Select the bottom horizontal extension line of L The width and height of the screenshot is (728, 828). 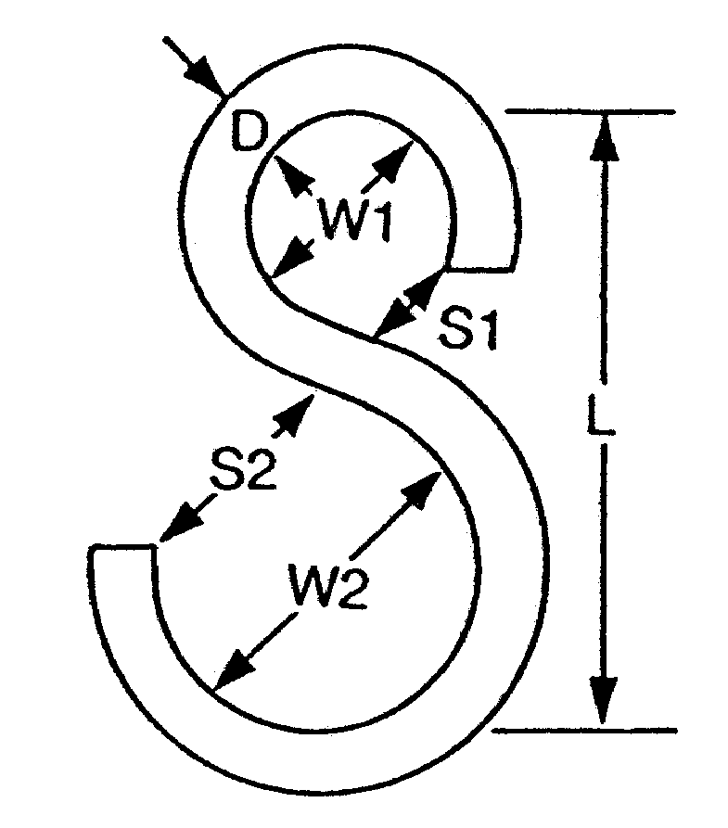pos(584,730)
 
